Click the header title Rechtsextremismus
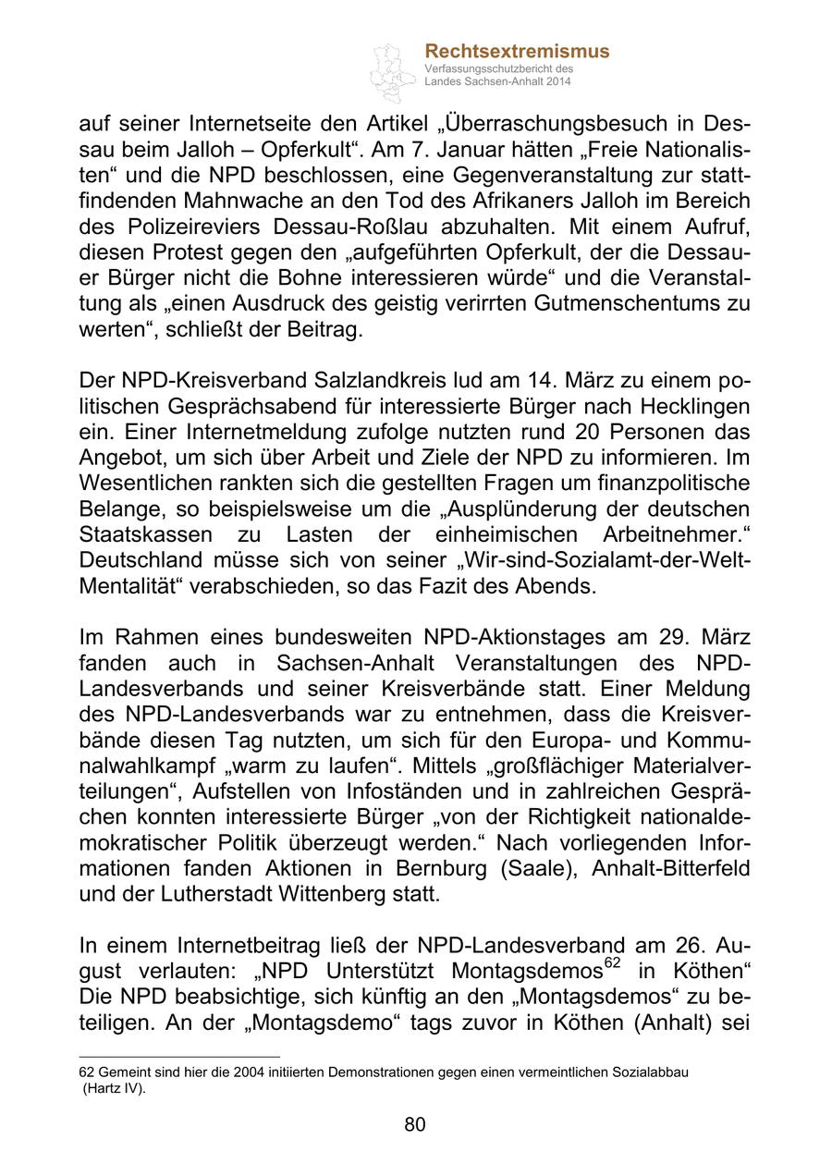click(517, 52)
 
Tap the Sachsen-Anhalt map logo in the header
click(394, 72)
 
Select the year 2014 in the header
click(557, 82)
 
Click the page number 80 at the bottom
click(415, 1124)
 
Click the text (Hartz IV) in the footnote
click(115, 1088)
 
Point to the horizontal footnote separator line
click(179, 1056)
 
